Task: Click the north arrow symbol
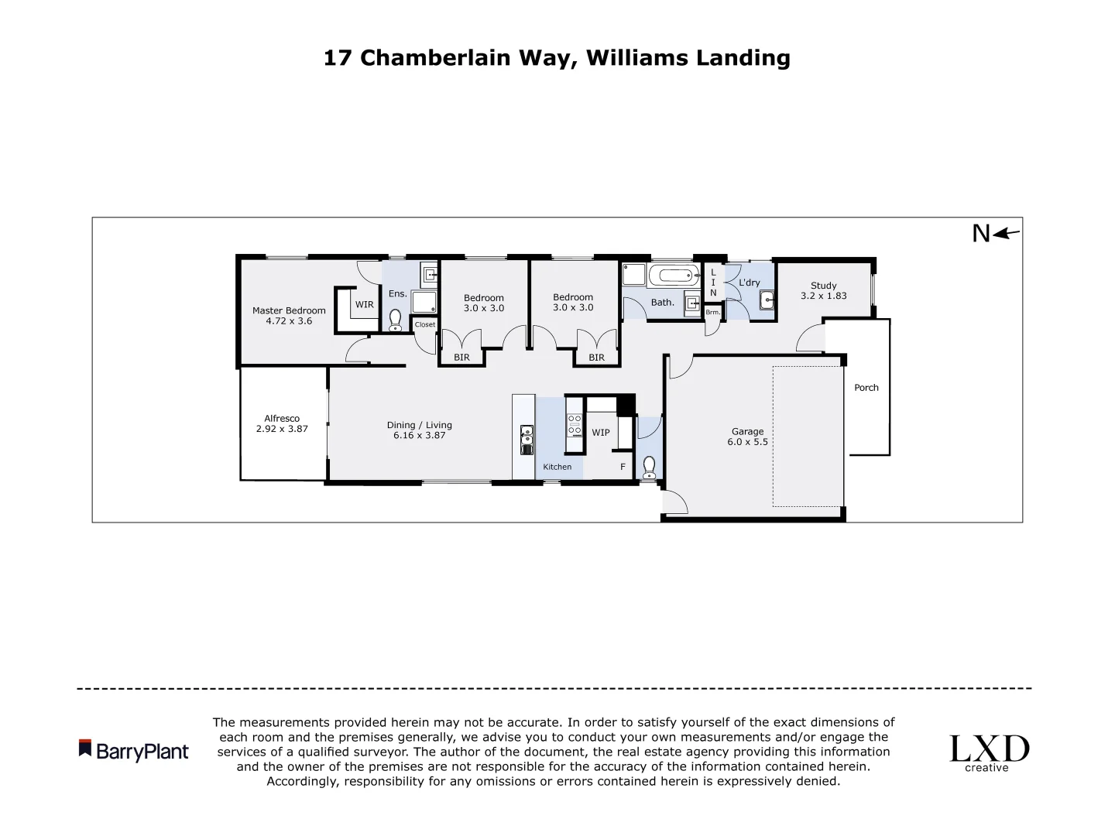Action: click(1007, 233)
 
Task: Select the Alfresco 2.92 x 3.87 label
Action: click(282, 423)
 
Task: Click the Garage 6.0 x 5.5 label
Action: click(747, 437)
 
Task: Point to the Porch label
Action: click(866, 388)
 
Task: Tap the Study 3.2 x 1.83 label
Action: click(823, 290)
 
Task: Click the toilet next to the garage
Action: click(649, 467)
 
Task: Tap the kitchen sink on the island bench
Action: click(527, 438)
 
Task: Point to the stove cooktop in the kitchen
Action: click(575, 425)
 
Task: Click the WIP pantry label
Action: click(601, 433)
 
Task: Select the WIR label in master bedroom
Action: click(364, 305)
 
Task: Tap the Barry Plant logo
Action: click(134, 751)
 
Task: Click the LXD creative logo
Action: click(989, 752)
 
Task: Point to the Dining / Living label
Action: click(419, 430)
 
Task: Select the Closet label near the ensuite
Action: click(424, 324)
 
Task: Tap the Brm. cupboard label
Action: click(712, 312)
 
